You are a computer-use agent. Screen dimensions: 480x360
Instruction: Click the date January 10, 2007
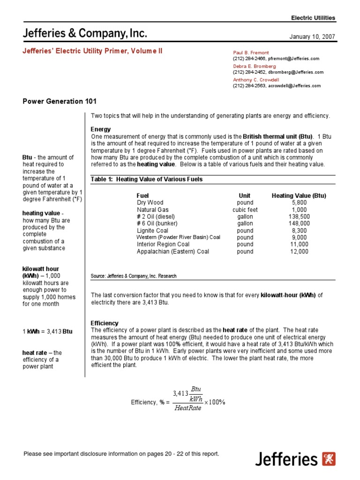click(314, 36)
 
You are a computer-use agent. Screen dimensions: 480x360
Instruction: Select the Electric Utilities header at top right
click(313, 18)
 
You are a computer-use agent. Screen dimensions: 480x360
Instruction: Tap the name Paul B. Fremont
click(251, 53)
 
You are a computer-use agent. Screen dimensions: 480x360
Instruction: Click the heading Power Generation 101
click(60, 101)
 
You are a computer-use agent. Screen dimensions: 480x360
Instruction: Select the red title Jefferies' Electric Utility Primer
click(92, 51)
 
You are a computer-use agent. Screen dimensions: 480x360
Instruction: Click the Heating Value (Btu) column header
click(299, 195)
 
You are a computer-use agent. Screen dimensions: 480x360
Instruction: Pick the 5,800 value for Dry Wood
click(299, 202)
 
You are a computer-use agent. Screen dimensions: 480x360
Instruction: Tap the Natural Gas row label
click(152, 210)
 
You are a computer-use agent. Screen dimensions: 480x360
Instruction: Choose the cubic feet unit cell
click(245, 210)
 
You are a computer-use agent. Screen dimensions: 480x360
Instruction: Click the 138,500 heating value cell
click(299, 217)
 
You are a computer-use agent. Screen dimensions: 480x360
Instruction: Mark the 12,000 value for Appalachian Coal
click(299, 251)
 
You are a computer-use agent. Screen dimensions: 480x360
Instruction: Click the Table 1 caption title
click(146, 180)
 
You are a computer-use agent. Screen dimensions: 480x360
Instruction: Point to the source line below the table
click(134, 276)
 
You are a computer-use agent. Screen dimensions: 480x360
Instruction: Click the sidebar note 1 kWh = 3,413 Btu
click(47, 331)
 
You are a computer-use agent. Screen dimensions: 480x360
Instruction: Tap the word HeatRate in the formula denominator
click(187, 408)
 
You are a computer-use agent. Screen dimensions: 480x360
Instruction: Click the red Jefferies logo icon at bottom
click(329, 458)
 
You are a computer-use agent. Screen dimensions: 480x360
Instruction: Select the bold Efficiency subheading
click(104, 323)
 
